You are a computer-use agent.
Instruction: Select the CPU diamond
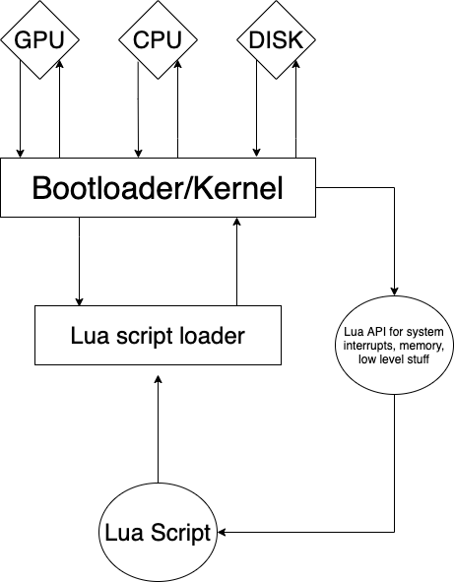point(158,41)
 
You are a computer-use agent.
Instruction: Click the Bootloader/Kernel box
point(158,187)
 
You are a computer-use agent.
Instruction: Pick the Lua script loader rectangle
point(158,336)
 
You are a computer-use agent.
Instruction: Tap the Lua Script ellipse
point(158,535)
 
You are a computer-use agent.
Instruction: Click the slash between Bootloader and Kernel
point(178,188)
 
